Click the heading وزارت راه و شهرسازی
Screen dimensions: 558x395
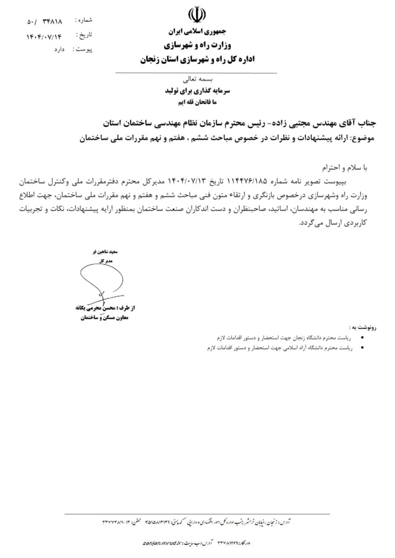(x=196, y=46)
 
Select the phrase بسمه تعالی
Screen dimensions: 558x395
(x=196, y=80)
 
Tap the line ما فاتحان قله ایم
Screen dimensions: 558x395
(x=196, y=101)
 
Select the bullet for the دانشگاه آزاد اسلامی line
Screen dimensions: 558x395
(x=363, y=348)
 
